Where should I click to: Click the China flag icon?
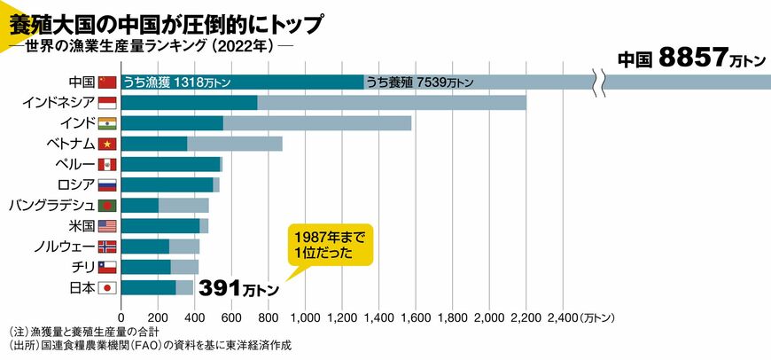[x=107, y=82]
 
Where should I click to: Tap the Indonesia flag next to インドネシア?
[x=107, y=102]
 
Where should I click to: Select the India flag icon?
[x=107, y=123]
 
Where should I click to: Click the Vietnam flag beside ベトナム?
[x=107, y=144]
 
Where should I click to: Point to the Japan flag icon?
[x=107, y=287]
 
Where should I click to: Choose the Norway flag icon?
[x=107, y=247]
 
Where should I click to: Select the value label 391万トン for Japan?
[x=238, y=289]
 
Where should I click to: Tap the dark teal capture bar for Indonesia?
[x=189, y=102]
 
